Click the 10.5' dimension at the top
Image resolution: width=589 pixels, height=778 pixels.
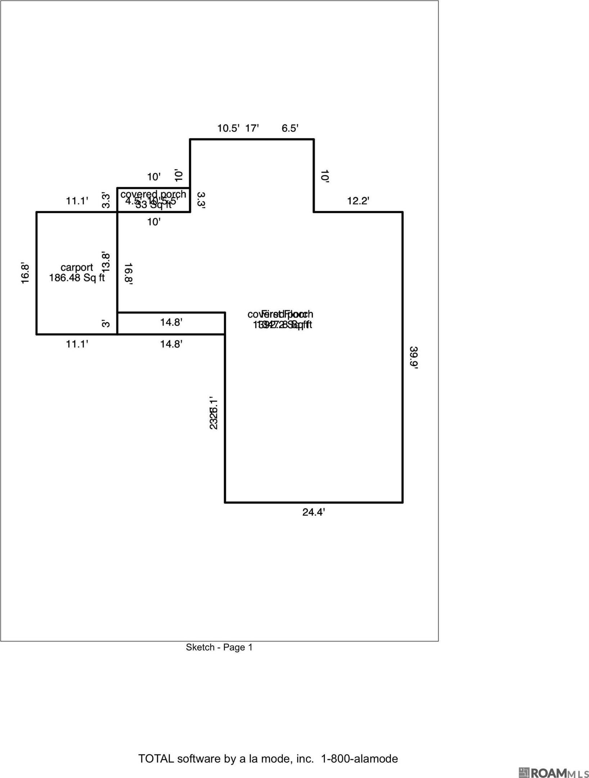tap(228, 128)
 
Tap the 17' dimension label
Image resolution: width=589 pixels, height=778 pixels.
tap(252, 128)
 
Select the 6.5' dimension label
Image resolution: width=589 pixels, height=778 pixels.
tap(290, 128)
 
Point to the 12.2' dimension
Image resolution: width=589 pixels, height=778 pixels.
tap(358, 201)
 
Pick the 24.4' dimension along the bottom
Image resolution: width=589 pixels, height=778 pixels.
tap(313, 512)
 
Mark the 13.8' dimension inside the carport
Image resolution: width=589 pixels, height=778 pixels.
tap(106, 262)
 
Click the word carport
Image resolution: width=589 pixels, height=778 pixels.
tap(77, 267)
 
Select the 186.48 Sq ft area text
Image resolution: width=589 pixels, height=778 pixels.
tap(77, 278)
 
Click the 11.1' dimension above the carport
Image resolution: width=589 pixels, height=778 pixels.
tap(77, 201)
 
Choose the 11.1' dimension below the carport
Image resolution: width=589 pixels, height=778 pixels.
tap(77, 344)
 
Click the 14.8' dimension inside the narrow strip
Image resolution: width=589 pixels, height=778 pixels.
tap(171, 322)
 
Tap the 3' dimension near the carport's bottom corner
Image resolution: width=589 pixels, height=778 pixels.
tap(105, 324)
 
